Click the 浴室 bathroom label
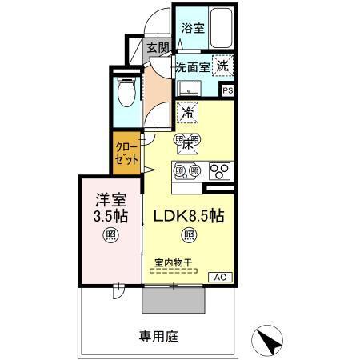[191, 28]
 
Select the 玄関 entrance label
[158, 49]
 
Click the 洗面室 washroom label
[192, 68]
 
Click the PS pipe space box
[227, 90]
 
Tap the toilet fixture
[126, 94]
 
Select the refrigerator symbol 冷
[189, 114]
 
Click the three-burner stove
[219, 170]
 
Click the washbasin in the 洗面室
[190, 87]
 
